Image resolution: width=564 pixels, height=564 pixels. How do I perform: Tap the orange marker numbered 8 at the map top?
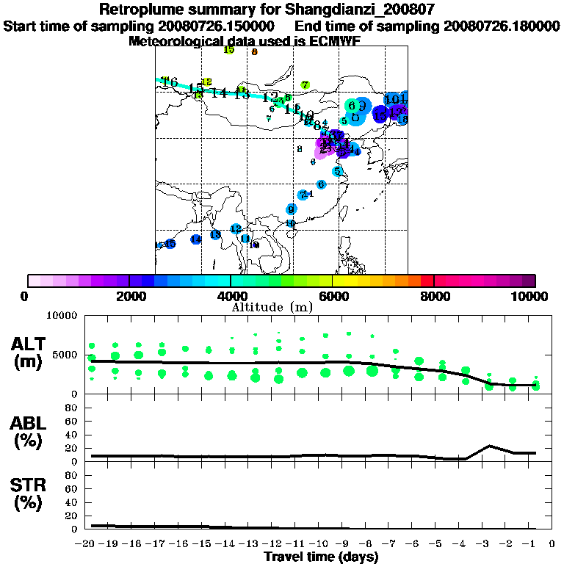click(254, 52)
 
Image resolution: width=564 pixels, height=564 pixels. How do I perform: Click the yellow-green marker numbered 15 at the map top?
click(228, 50)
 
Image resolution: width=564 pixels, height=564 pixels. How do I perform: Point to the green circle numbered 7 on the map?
click(305, 85)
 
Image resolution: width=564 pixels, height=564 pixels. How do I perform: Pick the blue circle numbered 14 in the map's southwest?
click(195, 239)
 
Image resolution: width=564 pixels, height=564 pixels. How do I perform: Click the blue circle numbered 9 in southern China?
click(292, 209)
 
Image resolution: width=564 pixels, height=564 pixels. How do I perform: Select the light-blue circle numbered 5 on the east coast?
click(337, 172)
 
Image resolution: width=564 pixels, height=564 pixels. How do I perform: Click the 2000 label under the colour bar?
click(129, 296)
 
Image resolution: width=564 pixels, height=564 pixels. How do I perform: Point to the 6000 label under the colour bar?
click(332, 296)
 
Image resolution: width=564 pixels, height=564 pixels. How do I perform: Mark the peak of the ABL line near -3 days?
click(490, 446)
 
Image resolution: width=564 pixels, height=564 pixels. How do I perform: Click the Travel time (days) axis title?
click(322, 557)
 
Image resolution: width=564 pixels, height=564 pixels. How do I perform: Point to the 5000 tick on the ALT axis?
click(65, 355)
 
